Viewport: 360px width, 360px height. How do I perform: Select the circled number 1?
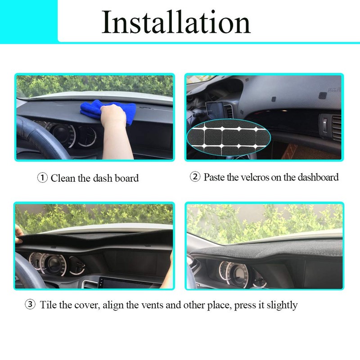point(42,178)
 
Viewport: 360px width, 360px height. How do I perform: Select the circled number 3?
point(30,305)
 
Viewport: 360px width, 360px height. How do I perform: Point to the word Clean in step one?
point(63,178)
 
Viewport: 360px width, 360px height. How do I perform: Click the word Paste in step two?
point(216,177)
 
